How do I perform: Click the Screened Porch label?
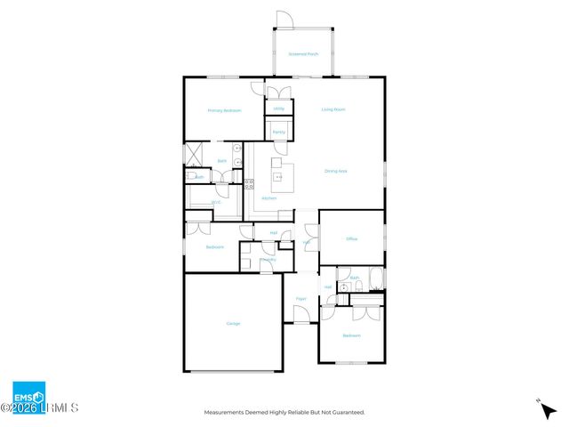click(x=302, y=54)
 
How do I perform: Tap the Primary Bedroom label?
click(x=224, y=110)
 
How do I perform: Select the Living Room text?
click(x=333, y=109)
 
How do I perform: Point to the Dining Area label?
click(x=335, y=171)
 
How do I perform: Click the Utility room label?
click(x=278, y=109)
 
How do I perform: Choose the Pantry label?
click(x=278, y=132)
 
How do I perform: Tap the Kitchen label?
click(x=268, y=197)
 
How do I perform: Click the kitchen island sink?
click(x=277, y=177)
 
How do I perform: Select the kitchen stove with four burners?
click(x=250, y=185)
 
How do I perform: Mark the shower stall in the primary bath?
click(x=195, y=154)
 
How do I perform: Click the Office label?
click(x=351, y=238)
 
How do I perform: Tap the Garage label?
click(x=233, y=323)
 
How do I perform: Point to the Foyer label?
click(x=301, y=299)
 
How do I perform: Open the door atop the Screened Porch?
click(x=283, y=19)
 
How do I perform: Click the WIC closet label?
click(x=215, y=202)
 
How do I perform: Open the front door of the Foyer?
click(x=301, y=323)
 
